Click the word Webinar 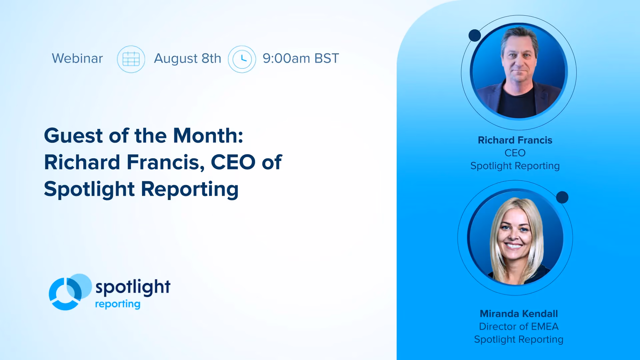click(x=77, y=58)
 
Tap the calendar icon click(x=131, y=59)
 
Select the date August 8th click(x=188, y=59)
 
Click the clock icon click(x=242, y=59)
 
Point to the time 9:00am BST click(x=301, y=58)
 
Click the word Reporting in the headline click(x=190, y=190)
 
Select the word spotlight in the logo click(x=133, y=287)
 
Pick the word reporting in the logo click(x=118, y=304)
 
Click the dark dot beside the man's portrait click(x=475, y=35)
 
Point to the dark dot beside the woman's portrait click(x=562, y=197)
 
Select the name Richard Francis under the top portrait click(x=515, y=140)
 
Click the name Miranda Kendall click(x=519, y=314)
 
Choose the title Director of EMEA click(x=519, y=326)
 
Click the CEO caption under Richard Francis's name click(x=515, y=153)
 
